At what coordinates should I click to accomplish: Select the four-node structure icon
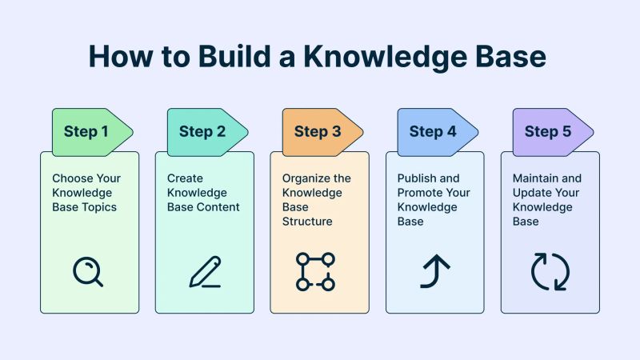point(315,271)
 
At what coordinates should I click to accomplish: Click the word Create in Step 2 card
point(185,178)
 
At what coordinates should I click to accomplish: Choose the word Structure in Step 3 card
point(306,222)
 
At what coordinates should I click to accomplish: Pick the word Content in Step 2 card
point(218,207)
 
